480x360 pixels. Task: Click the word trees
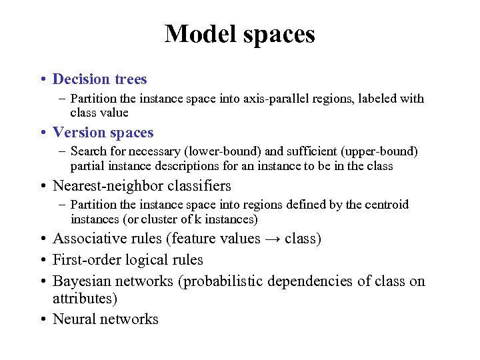[x=130, y=79]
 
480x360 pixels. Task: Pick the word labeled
[x=375, y=99]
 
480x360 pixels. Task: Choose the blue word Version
[x=78, y=133]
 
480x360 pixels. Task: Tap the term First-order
[x=83, y=260]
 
